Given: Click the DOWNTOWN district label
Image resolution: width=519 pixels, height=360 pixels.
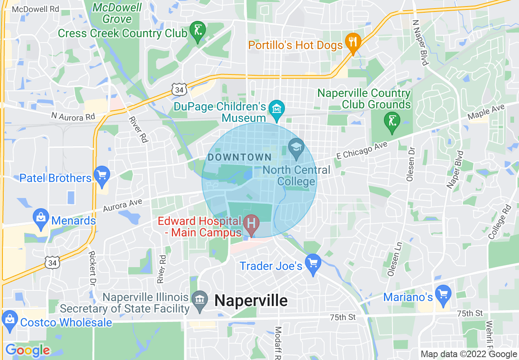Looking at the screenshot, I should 239,157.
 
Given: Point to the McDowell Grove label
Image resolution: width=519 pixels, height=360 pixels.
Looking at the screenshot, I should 117,13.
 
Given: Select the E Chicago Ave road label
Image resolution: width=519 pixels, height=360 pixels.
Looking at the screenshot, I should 361,150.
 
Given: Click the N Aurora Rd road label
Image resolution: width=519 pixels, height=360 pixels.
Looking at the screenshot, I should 73,117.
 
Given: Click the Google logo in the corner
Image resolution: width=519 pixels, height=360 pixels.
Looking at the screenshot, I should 28,350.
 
